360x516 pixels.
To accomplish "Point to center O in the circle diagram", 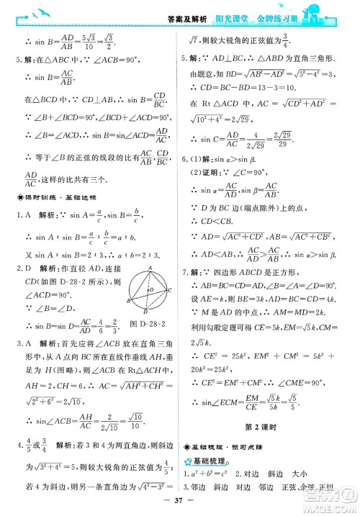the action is (150, 290).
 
